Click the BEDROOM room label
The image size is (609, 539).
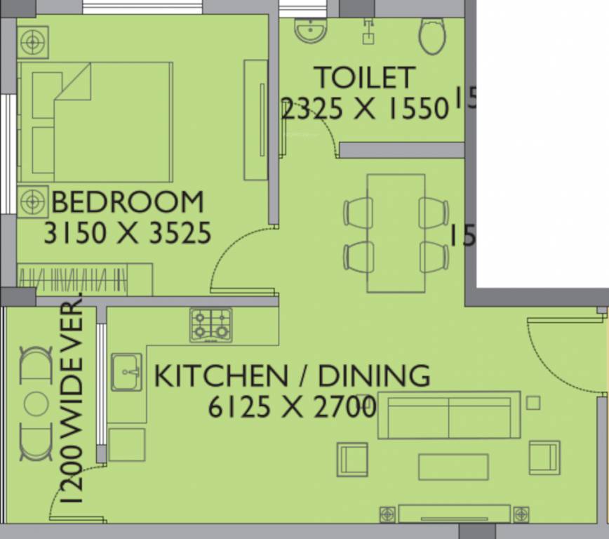(128, 202)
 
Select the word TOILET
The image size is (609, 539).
(364, 77)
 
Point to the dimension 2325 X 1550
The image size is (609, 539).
(364, 109)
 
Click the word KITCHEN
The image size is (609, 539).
(220, 376)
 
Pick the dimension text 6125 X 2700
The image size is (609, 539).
(292, 407)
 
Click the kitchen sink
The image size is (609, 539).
(126, 371)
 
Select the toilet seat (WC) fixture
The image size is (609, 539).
(432, 35)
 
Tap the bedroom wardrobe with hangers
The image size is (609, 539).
(84, 279)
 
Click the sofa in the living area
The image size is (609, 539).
(449, 415)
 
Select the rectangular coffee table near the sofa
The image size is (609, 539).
(453, 467)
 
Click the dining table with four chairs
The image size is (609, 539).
(396, 233)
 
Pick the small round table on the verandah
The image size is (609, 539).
(36, 404)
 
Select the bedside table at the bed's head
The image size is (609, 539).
(32, 41)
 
